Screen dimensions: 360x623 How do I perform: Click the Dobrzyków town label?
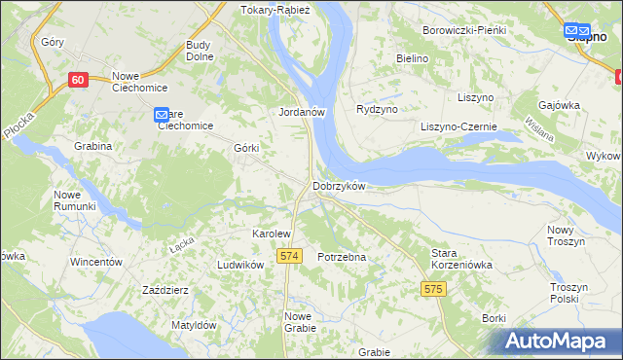(x=339, y=186)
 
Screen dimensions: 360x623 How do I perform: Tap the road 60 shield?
(x=79, y=80)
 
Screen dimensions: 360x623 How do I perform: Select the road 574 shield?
(x=287, y=255)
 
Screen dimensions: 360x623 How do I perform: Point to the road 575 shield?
(x=434, y=289)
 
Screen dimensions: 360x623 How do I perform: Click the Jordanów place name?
(x=301, y=112)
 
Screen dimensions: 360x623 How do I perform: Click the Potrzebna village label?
(x=342, y=257)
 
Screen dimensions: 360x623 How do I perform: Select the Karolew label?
(x=272, y=234)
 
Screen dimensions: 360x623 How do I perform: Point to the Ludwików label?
(x=241, y=265)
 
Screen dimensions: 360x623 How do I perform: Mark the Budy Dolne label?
(x=199, y=51)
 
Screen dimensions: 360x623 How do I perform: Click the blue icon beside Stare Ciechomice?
(x=162, y=116)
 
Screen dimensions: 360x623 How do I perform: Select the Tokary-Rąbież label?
(x=274, y=10)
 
